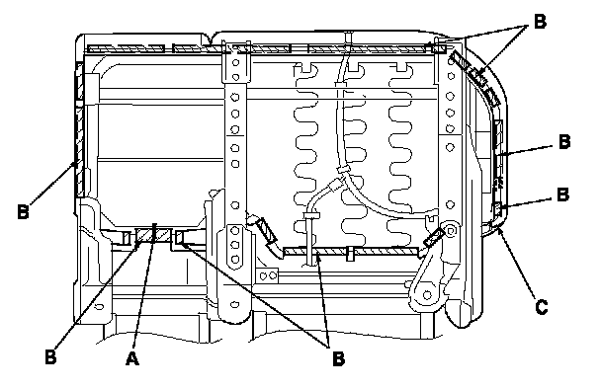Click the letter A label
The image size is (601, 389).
131,358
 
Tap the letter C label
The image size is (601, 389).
542,307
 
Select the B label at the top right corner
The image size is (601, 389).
540,21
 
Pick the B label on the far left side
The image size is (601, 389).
23,211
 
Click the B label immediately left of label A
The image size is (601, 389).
50,356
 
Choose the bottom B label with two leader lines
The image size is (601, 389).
338,358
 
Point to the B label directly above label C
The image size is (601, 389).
562,194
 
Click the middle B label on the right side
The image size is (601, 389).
564,141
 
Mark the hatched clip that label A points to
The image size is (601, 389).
153,235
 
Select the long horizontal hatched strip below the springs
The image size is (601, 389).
351,251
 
